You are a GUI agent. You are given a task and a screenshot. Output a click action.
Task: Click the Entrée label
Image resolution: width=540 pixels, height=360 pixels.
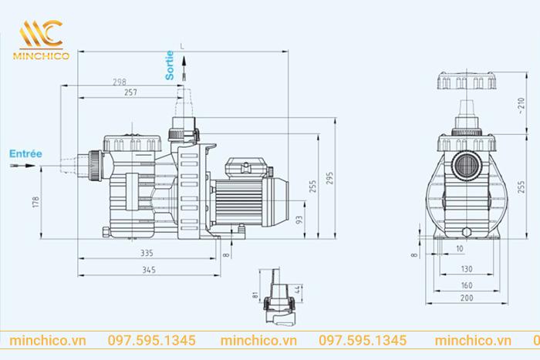click(x=25, y=153)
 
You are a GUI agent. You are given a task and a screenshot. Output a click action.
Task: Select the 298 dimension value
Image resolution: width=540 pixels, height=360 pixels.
click(x=120, y=82)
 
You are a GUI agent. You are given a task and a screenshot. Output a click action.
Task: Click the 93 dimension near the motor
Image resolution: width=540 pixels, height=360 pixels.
click(x=299, y=220)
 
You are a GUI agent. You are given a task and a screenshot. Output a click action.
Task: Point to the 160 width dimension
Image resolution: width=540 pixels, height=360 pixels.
click(x=467, y=284)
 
